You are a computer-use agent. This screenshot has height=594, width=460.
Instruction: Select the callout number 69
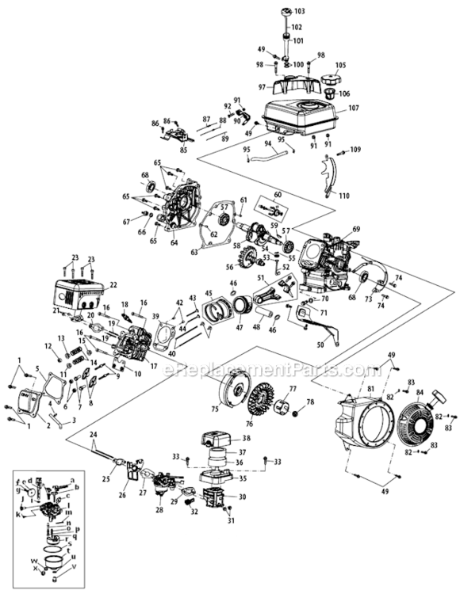(356, 229)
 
